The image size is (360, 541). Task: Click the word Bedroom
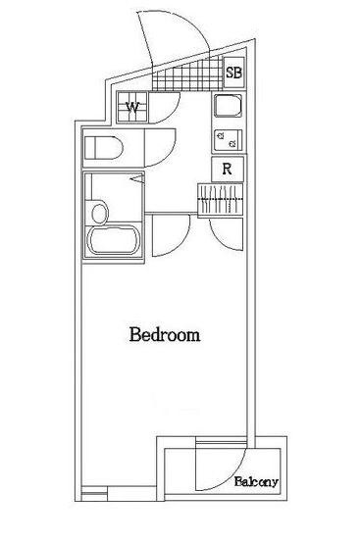click(165, 334)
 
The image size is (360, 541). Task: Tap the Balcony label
click(256, 481)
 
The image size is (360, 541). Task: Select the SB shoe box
click(234, 73)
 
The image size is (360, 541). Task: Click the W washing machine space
click(132, 107)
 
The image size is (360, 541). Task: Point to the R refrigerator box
click(228, 169)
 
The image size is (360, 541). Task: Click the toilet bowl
click(104, 148)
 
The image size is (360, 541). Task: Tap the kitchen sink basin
click(228, 106)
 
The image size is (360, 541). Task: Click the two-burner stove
click(228, 140)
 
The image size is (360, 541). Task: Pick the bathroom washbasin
click(99, 213)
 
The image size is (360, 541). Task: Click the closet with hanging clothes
click(220, 199)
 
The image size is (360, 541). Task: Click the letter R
click(227, 169)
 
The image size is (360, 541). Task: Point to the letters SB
click(234, 73)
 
